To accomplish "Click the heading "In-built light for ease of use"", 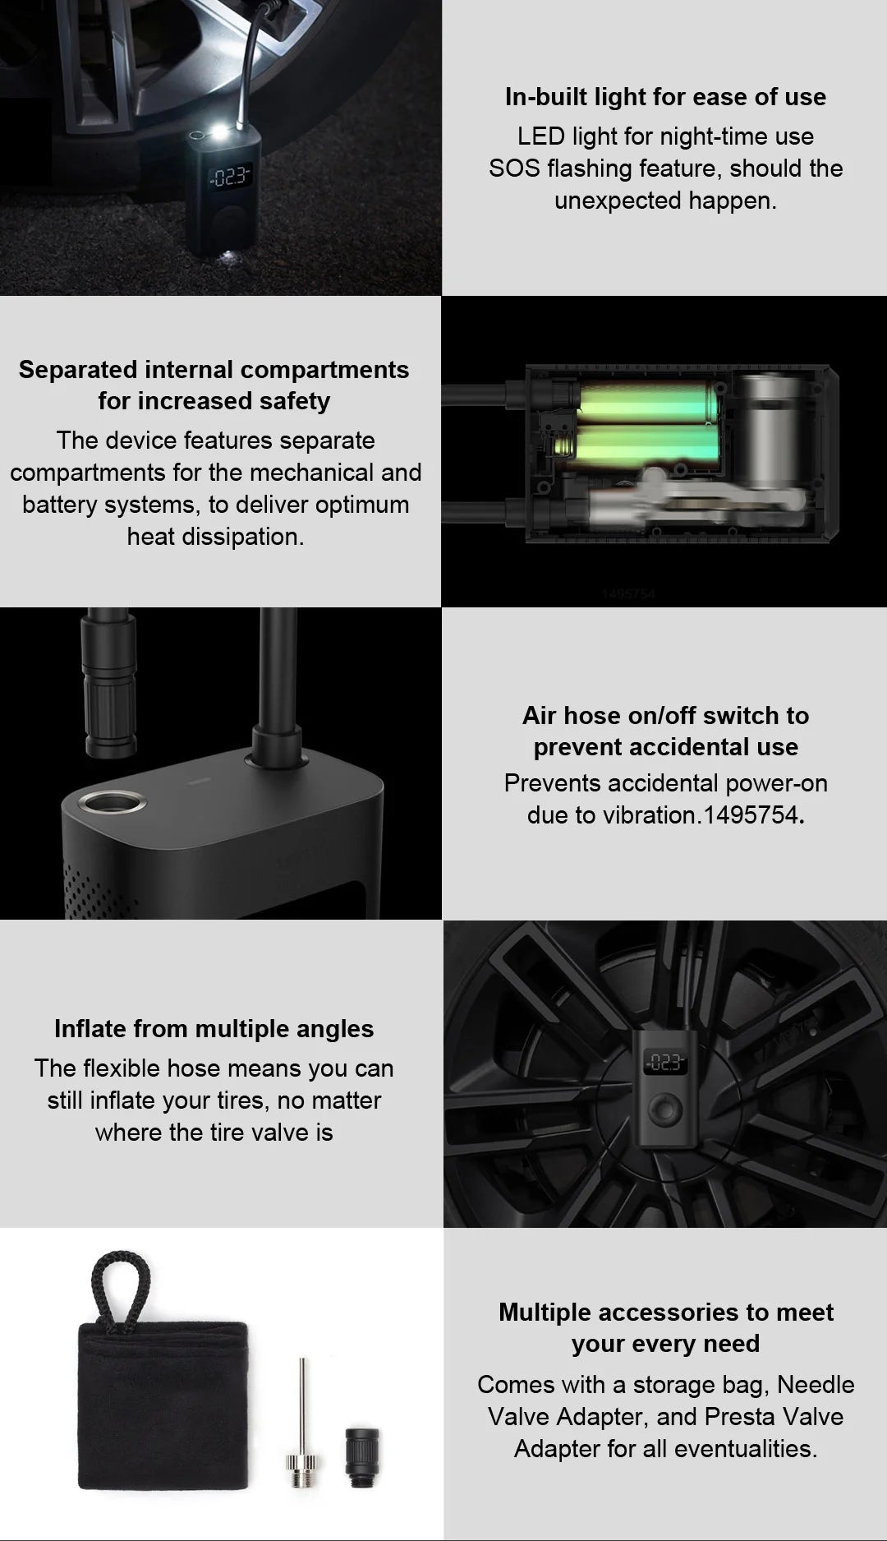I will point(665,97).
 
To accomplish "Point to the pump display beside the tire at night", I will point(228,176).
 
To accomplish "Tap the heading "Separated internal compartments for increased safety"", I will point(214,385).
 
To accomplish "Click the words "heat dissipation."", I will point(215,537).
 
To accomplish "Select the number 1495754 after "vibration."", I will point(751,815).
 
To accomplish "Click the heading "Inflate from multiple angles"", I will point(214,1029).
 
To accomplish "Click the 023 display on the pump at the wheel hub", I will point(664,1063).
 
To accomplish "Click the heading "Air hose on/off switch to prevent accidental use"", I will point(665,731).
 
